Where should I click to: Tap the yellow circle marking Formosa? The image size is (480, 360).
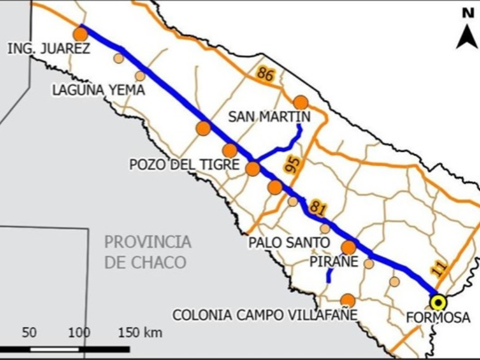[x=439, y=302]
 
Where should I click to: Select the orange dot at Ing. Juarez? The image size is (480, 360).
[x=80, y=34]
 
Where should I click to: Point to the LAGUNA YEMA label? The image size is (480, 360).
[x=98, y=91]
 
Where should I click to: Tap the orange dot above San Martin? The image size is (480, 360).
[x=301, y=102]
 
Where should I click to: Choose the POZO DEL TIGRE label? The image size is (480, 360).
[x=185, y=164]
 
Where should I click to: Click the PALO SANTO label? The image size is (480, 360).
[x=289, y=243]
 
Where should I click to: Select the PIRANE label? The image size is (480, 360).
[x=334, y=262]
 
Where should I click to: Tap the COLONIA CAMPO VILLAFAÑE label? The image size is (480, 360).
[x=265, y=315]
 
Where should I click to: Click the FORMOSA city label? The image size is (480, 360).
[x=438, y=318]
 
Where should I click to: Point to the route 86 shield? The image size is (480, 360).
[x=265, y=74]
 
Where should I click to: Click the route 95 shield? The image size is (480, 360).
[x=293, y=166]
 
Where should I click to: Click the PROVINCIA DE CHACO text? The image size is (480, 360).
[x=148, y=252]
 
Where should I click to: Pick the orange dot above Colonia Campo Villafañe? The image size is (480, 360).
[x=347, y=300]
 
